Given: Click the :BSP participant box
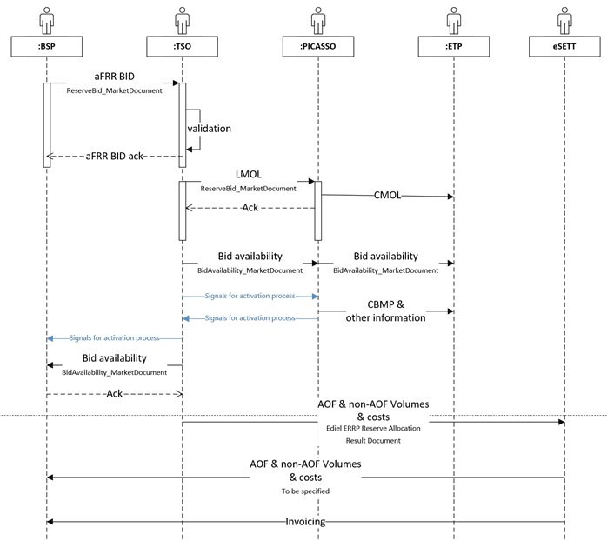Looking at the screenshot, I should (x=47, y=46).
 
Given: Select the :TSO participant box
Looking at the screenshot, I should (x=183, y=46).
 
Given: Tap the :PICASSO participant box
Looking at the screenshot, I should (x=317, y=46).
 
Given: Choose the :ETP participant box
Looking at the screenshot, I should (x=453, y=46).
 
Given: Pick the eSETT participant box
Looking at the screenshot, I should (x=564, y=46).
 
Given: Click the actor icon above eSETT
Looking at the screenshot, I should (x=564, y=20).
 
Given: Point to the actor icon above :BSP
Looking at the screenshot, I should (x=47, y=20).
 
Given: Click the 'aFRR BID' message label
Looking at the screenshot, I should (x=113, y=77).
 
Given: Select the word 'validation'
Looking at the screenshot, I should (x=209, y=129).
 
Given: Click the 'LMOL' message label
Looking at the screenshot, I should (x=248, y=174).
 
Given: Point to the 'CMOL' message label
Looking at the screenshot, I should (x=386, y=196).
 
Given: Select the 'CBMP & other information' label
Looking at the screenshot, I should (x=387, y=311).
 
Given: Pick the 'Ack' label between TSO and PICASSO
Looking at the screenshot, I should (x=250, y=208).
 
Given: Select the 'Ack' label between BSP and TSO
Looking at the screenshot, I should (x=114, y=394).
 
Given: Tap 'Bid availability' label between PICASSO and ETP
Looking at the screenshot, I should (x=385, y=257).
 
